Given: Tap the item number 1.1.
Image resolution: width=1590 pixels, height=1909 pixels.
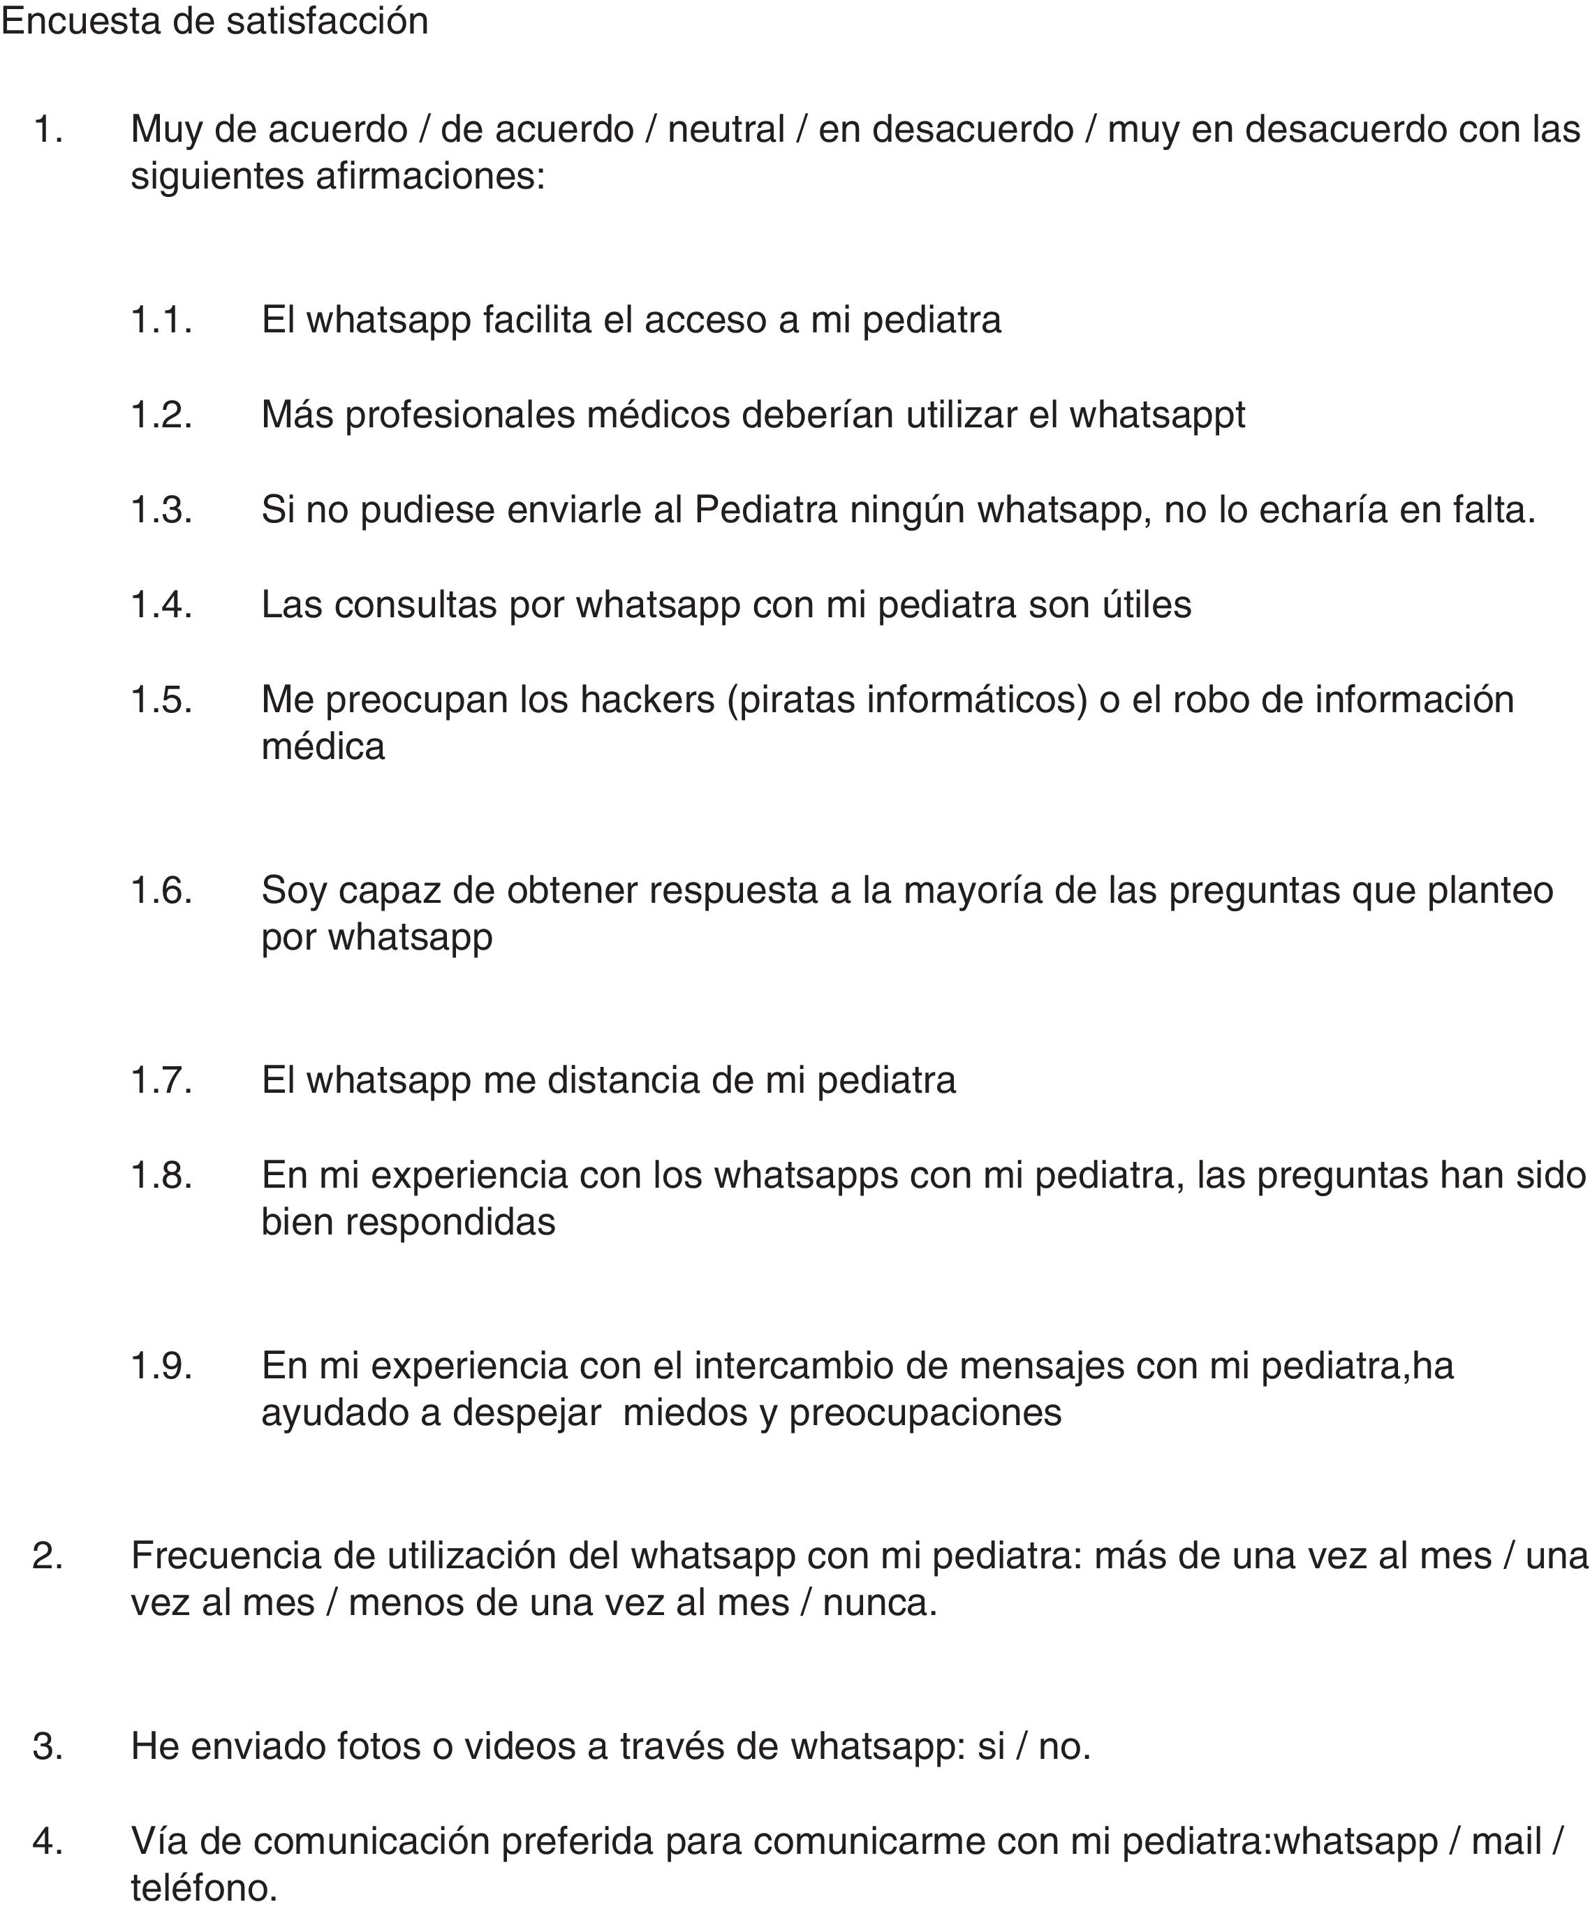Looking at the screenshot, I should point(162,320).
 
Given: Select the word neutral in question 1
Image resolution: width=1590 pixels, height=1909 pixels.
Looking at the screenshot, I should point(726,129).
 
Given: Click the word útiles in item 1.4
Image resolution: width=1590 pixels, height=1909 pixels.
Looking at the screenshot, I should point(1147,605).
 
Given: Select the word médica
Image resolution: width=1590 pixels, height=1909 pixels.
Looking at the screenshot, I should point(323,747).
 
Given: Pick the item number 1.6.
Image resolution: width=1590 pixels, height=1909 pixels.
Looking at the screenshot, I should point(162,890).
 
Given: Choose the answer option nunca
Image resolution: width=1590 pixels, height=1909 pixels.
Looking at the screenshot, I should point(878,1602).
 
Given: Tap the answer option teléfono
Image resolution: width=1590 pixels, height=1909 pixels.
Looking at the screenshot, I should point(204,1888).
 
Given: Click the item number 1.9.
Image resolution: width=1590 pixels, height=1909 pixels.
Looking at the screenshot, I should point(162,1365).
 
